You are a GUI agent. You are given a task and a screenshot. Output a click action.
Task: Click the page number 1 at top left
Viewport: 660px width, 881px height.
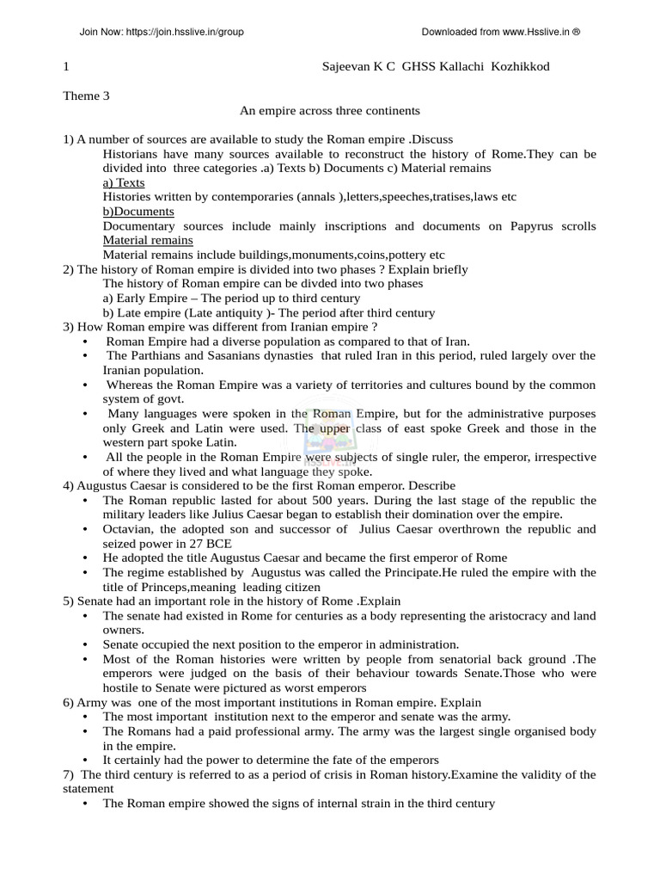[66, 66]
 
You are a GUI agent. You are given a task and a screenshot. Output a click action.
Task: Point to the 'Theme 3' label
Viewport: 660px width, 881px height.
[86, 95]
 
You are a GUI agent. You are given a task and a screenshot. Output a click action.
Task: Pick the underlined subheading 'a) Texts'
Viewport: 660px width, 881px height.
[124, 182]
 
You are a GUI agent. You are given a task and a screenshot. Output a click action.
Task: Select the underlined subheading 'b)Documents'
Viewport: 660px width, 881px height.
[138, 211]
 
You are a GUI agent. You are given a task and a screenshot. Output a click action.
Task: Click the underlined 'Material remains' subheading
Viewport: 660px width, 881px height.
[148, 240]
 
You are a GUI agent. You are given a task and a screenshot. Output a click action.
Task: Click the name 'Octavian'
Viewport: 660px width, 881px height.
[127, 529]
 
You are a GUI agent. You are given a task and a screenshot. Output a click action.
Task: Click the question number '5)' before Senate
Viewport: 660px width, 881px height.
[70, 601]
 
